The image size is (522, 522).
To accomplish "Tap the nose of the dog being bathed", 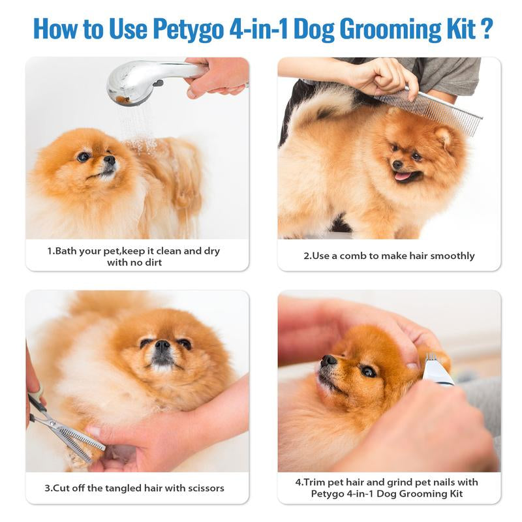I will coord(110,159).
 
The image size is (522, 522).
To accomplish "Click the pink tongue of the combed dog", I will coord(403,176).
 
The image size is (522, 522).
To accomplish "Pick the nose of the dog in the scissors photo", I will coord(162,346).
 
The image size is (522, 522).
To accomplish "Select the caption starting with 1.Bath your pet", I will coord(137,256).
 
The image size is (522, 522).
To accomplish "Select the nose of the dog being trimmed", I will coord(329,360).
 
